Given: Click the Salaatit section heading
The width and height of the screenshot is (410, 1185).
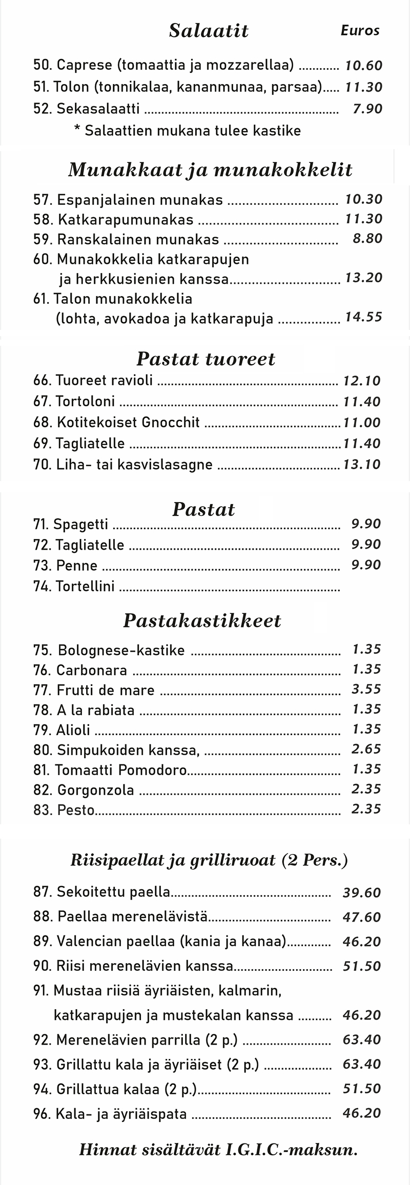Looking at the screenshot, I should [x=209, y=31].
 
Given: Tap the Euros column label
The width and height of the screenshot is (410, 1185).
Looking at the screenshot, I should [x=360, y=31].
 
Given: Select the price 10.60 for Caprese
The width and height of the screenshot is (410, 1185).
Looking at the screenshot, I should [x=363, y=66].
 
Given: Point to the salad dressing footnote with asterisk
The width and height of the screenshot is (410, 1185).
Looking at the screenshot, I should [x=187, y=131].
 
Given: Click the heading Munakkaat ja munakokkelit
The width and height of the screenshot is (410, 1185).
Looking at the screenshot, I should [x=210, y=170].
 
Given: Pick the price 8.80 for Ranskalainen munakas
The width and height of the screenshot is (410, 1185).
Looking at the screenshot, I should [x=367, y=239].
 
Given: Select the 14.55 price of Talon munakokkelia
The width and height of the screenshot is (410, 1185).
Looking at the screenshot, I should [x=363, y=317].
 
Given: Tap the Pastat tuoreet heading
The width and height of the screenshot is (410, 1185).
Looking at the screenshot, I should [x=206, y=359].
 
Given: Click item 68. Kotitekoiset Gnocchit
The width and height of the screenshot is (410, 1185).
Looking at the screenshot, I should [x=116, y=423].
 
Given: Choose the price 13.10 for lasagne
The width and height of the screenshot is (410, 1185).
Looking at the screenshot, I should [x=362, y=465].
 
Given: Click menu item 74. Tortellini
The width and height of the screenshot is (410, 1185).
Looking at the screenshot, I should [x=74, y=586].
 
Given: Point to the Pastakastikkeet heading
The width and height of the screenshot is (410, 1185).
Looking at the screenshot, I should [x=202, y=621].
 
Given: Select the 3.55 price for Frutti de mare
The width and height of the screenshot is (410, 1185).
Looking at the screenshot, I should [x=366, y=690].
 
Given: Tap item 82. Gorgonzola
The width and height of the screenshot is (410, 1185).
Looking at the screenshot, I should [x=84, y=790].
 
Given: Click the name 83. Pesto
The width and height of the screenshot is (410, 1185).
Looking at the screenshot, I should [x=64, y=810].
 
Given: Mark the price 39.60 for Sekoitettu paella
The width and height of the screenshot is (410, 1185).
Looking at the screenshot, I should [x=361, y=893].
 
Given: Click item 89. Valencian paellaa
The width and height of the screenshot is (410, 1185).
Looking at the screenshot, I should [x=159, y=942].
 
